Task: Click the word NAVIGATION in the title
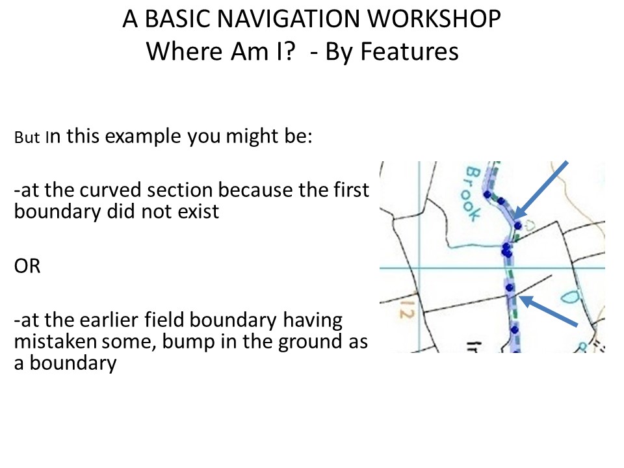point(289,19)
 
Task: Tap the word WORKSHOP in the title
point(434,19)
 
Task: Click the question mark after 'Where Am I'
point(289,51)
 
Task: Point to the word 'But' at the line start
point(27,138)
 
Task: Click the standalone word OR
point(27,266)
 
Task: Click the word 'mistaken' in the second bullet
point(55,341)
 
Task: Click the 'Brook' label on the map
point(473,194)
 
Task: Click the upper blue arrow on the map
point(540,190)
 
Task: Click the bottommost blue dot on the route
point(515,330)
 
